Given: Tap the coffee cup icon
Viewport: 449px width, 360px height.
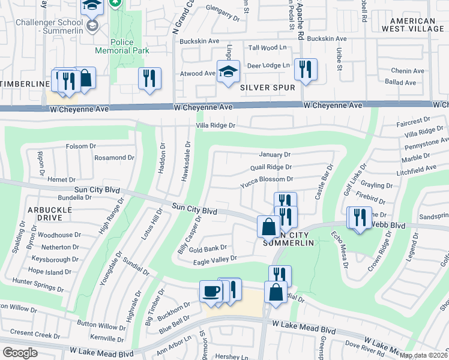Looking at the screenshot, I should [x=210, y=292].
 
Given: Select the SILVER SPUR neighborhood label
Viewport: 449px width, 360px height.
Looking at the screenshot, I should [x=267, y=88].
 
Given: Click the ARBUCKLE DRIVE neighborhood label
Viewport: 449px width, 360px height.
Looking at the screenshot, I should [x=50, y=214].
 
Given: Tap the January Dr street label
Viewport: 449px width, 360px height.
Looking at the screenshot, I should [x=274, y=155].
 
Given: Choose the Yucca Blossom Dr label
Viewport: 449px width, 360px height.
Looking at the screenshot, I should [x=266, y=179].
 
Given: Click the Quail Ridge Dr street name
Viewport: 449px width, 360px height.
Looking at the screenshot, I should [x=271, y=167].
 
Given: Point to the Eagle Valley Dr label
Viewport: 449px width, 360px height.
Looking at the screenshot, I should [x=217, y=258].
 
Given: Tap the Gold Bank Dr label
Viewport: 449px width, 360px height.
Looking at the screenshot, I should [x=207, y=247].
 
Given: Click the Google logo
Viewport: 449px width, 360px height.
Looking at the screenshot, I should [x=20, y=353].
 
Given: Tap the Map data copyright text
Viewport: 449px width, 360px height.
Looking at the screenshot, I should [x=423, y=355].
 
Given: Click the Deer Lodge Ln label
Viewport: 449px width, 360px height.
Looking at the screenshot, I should [x=269, y=65].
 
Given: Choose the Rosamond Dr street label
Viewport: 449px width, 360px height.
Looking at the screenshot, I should [x=114, y=158].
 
